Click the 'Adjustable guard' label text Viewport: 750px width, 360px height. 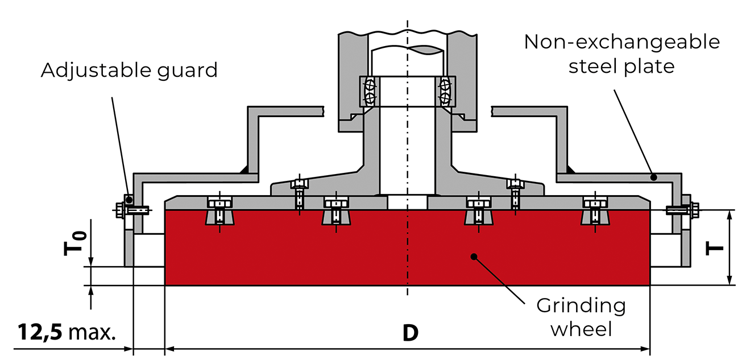[x=129, y=70]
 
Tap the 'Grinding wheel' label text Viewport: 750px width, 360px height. [x=581, y=317]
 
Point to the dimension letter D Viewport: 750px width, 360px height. [x=410, y=333]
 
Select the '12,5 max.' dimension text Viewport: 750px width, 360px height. [x=66, y=332]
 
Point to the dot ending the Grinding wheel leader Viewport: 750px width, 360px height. [x=473, y=257]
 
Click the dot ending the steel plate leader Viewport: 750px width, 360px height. [x=654, y=177]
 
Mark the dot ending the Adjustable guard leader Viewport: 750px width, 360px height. [x=129, y=199]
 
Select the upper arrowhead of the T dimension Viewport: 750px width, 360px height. [x=730, y=214]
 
